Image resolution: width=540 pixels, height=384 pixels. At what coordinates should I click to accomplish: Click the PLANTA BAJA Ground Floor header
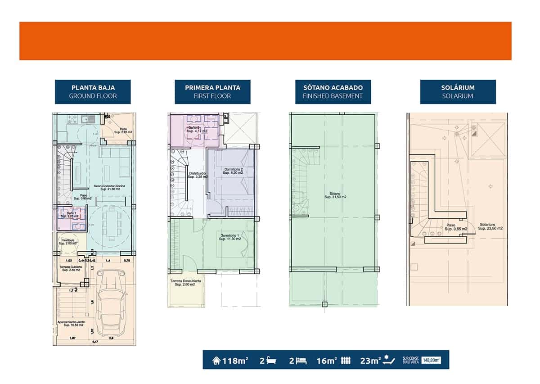click(x=93, y=92)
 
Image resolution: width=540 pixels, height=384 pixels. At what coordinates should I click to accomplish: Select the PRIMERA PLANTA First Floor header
click(x=212, y=92)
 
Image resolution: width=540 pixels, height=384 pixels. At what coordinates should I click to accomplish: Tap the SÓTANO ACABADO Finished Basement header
click(x=333, y=92)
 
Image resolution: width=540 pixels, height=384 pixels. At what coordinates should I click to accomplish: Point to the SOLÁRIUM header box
click(x=458, y=92)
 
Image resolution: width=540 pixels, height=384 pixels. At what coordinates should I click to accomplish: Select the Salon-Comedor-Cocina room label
click(x=107, y=188)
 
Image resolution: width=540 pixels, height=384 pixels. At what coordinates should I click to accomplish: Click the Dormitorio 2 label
click(x=234, y=171)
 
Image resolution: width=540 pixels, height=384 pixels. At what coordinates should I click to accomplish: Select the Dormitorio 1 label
click(x=230, y=237)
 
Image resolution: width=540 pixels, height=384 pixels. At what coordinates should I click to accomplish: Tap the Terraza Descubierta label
click(x=185, y=283)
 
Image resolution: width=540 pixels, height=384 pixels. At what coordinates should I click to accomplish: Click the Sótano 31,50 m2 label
click(x=335, y=197)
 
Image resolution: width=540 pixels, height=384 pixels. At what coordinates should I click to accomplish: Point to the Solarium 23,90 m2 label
click(x=490, y=226)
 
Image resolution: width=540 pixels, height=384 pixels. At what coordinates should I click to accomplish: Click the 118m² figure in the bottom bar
click(x=230, y=360)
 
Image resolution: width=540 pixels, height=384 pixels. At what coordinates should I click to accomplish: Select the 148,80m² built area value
click(x=431, y=360)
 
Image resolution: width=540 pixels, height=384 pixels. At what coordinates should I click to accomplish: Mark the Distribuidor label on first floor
click(x=197, y=175)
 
